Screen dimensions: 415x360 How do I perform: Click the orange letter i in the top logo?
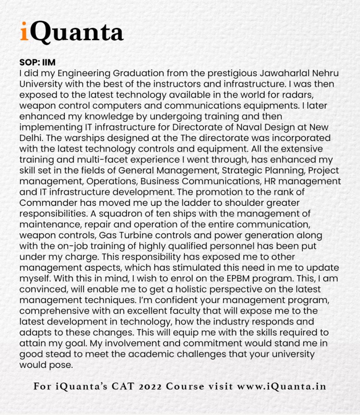pos(24,32)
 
